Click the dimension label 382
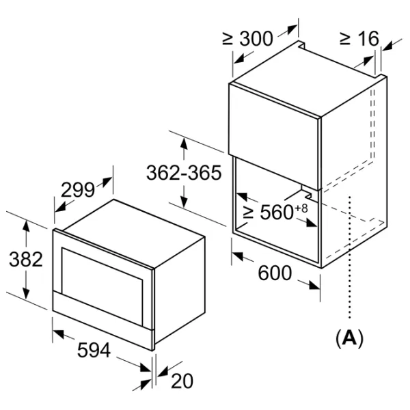[26, 260]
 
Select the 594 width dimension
[94, 351]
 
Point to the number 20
[182, 381]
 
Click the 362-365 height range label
[184, 173]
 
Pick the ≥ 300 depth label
[247, 38]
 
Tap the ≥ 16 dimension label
[358, 38]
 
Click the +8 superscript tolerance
[301, 206]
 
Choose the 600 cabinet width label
[275, 273]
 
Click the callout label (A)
[349, 337]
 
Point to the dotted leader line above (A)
[349, 260]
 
